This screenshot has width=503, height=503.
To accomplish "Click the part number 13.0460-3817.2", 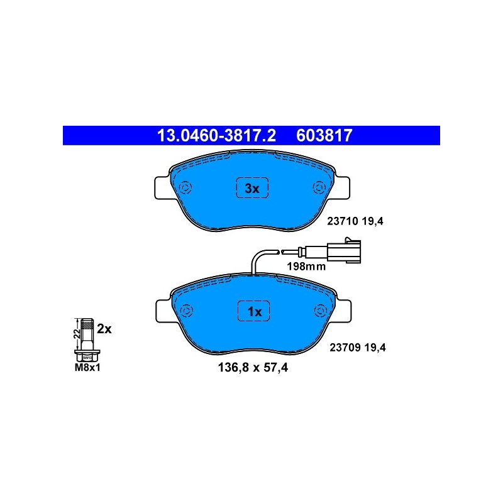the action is (216, 135).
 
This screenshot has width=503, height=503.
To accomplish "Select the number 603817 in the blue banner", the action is (324, 135).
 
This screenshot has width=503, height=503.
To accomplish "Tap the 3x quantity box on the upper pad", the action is (252, 188).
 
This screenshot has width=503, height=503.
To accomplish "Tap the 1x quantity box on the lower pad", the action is (254, 311).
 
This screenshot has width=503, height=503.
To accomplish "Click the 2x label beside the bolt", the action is (104, 329).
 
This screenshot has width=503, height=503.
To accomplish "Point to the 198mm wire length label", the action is (306, 266).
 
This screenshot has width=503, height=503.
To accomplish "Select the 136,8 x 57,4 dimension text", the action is (253, 367).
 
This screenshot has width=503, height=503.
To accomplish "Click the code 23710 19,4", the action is (355, 221).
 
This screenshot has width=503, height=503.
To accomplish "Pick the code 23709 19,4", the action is (358, 347).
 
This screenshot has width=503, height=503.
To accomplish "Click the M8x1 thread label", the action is (87, 368).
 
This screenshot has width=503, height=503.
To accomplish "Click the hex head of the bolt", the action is (87, 356).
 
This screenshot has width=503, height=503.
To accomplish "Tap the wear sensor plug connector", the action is (344, 251).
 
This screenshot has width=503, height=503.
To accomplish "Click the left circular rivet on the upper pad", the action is (185, 187).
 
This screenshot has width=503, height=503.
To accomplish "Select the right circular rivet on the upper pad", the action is (319, 187).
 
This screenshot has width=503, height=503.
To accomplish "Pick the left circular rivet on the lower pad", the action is (186, 311).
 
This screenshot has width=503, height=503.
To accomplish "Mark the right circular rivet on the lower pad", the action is (321, 311).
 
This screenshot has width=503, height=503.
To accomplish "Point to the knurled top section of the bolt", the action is (87, 326).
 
